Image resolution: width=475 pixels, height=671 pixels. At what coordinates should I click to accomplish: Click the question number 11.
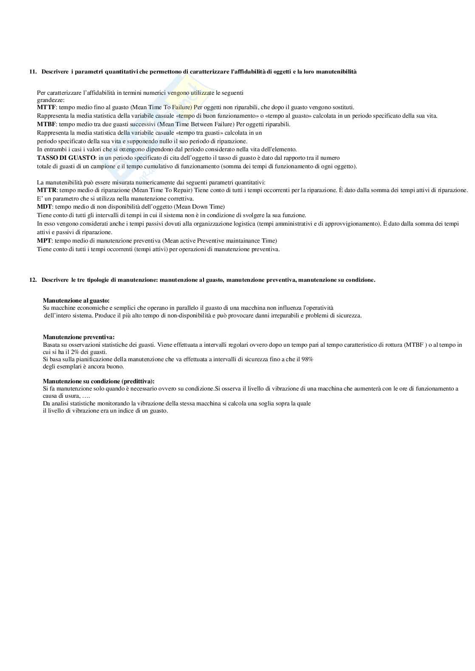[x=32, y=72]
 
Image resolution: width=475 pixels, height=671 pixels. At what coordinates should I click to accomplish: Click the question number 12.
[x=32, y=280]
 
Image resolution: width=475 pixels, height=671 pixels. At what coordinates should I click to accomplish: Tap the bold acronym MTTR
[x=47, y=190]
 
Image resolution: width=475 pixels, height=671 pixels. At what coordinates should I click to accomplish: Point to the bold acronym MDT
[x=45, y=207]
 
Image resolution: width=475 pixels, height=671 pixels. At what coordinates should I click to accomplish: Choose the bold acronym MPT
[x=44, y=241]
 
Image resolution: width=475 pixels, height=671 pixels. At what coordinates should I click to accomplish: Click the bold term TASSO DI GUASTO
[x=66, y=158]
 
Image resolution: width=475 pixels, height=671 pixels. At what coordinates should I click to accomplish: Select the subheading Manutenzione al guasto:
[x=76, y=300]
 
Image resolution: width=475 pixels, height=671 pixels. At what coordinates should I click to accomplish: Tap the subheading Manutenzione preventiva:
[x=79, y=337]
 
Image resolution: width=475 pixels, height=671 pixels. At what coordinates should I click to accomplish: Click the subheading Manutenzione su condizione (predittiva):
[x=99, y=381]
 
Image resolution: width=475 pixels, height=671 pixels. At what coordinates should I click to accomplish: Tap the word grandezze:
[x=51, y=100]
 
